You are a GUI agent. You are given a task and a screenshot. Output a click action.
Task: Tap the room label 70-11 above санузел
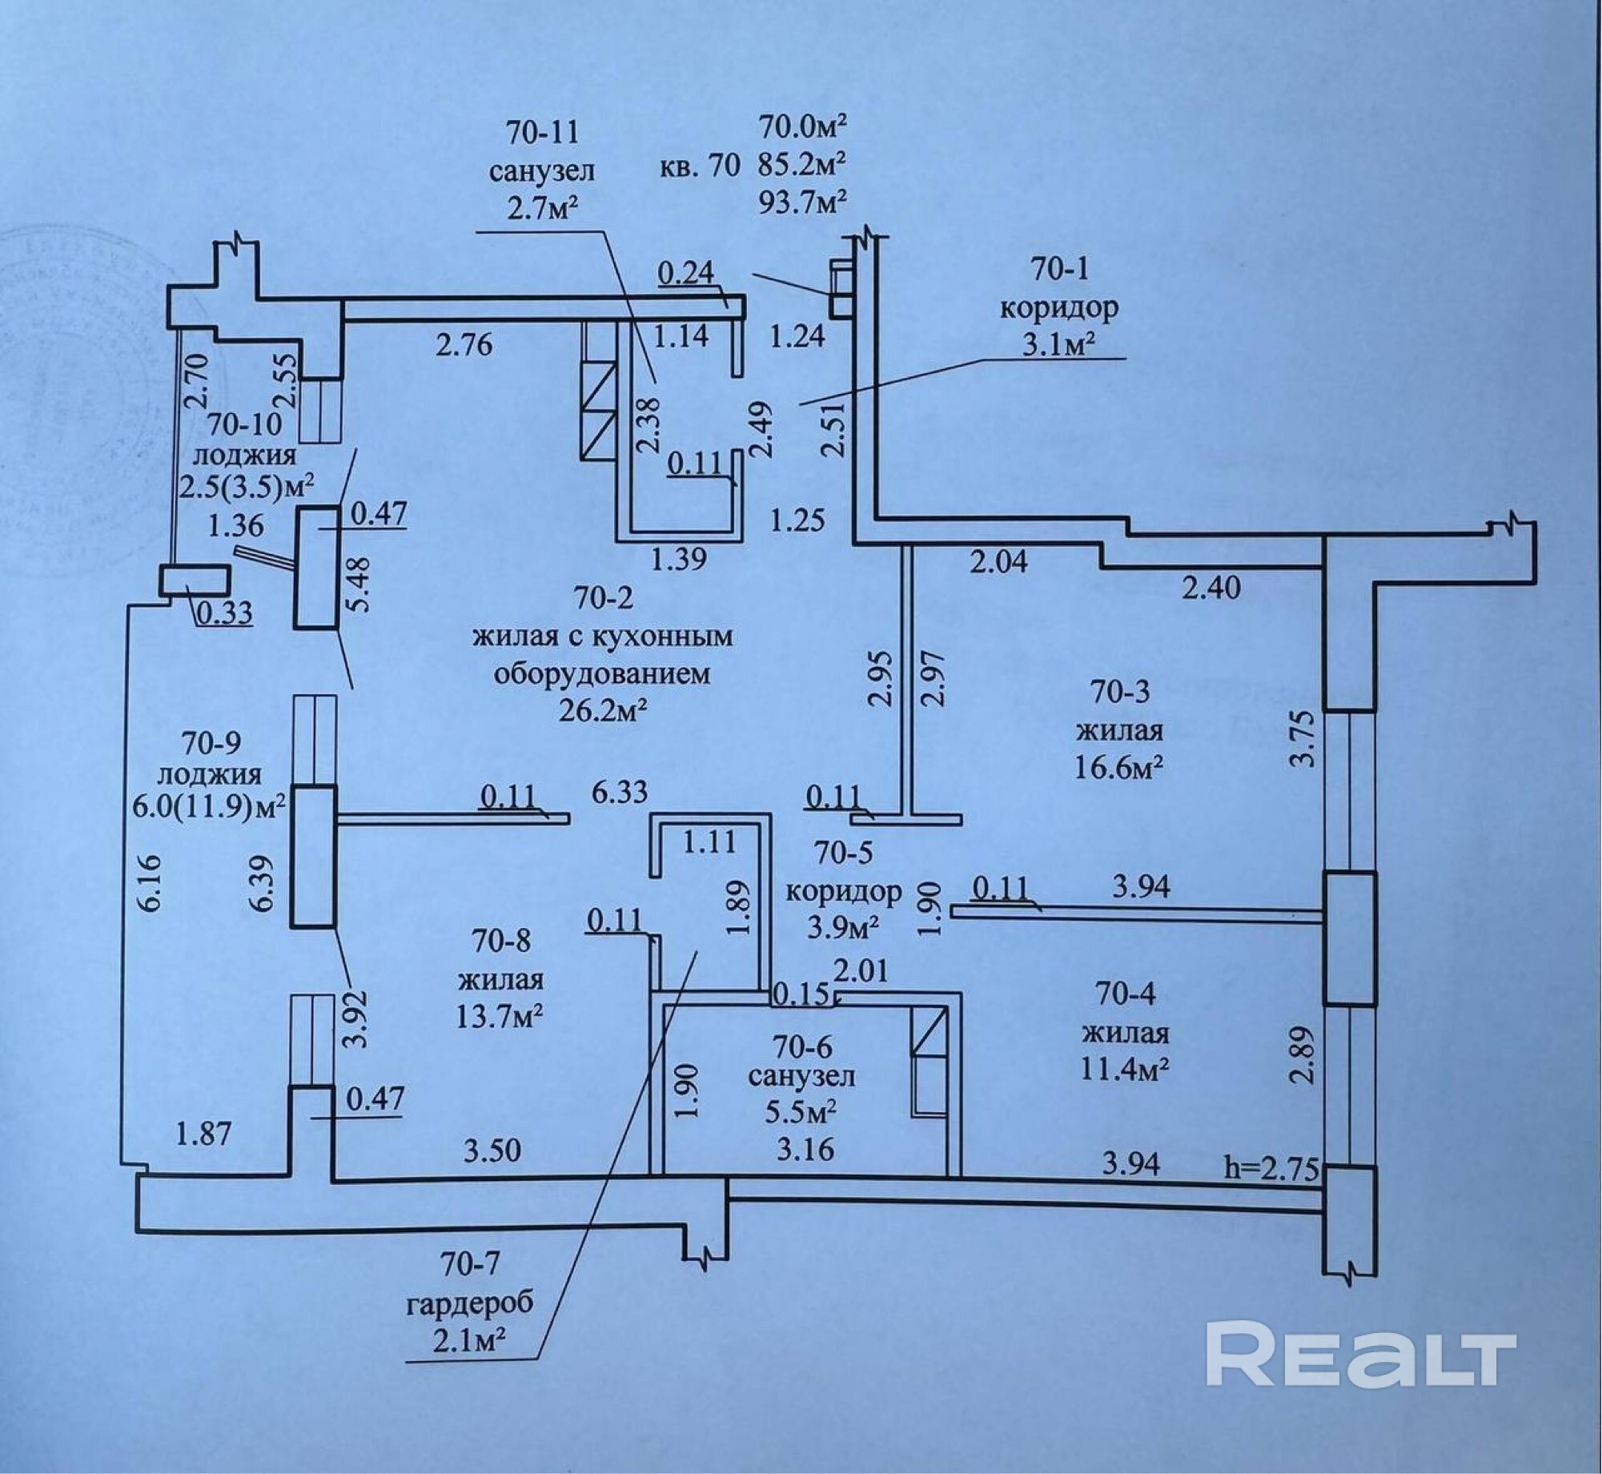coord(542,131)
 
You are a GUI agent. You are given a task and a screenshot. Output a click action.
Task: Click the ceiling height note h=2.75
coord(1271,1169)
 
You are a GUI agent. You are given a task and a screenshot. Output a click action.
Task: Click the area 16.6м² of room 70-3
coord(1119,769)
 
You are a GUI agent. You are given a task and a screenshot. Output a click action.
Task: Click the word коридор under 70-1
coord(1059,307)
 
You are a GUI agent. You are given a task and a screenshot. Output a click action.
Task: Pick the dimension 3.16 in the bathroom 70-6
coord(805,1150)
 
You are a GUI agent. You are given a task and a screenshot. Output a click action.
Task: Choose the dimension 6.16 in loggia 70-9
coord(154,883)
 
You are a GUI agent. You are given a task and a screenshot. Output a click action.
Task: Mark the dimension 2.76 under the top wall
coord(464,345)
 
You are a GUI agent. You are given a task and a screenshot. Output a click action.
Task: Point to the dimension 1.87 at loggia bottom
coord(206,1134)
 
